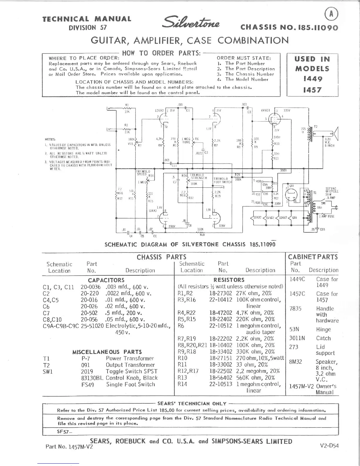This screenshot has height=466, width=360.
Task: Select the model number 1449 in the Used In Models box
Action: (313, 79)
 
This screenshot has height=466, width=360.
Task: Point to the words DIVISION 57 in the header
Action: (88, 28)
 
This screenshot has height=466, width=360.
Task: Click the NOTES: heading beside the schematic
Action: (51, 139)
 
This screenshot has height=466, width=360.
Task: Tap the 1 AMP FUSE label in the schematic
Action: (326, 216)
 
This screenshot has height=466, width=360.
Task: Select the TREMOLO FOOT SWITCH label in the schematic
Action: (221, 180)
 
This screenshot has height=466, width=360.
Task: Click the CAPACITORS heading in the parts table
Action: (106, 280)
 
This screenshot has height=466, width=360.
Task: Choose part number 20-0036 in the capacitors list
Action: (91, 287)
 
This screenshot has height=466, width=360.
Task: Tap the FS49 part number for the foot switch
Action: (88, 384)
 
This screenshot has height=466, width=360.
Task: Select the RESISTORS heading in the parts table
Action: (229, 280)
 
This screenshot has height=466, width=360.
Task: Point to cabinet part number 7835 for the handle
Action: (296, 309)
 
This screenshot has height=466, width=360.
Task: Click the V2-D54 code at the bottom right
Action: (329, 445)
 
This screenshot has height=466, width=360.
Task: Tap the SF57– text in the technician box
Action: (64, 432)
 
